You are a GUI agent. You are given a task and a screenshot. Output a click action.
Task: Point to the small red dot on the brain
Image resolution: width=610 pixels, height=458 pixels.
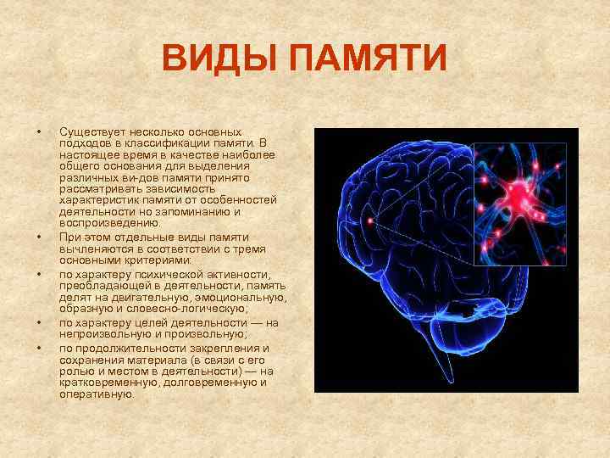pyautogui.click(x=370, y=221)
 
